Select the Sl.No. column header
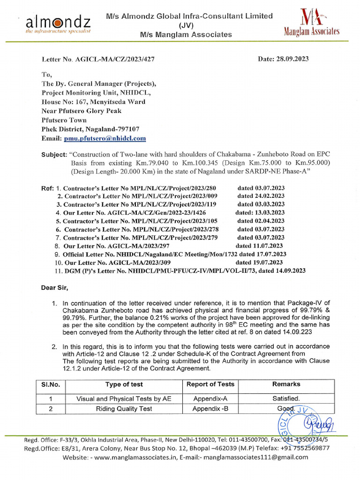(51, 384)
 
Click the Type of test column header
(124, 384)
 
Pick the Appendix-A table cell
(210, 398)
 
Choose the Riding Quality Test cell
(124, 409)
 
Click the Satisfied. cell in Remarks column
(286, 398)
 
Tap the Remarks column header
(286, 384)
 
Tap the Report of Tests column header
(210, 384)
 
